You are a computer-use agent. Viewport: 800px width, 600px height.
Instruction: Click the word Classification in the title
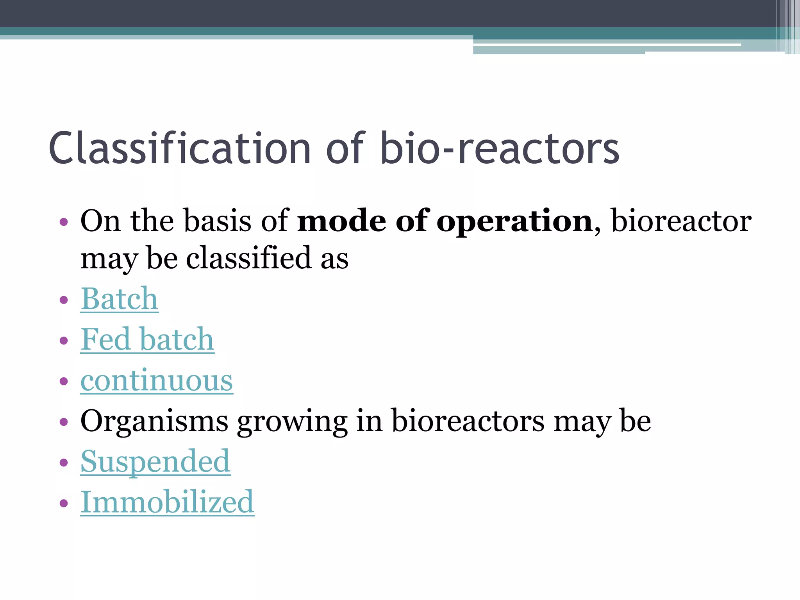pos(180,148)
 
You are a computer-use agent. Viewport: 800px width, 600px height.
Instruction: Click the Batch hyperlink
pos(119,299)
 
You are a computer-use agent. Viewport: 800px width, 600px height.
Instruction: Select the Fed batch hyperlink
pos(147,340)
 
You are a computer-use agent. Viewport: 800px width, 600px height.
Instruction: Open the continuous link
pos(157,380)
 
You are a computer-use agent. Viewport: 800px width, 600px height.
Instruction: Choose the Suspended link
pos(155,462)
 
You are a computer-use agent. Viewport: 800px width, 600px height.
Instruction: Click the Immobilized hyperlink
pos(167,502)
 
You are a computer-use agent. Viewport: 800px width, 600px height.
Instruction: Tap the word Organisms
pos(154,422)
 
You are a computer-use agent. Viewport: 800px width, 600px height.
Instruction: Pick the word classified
pos(248,259)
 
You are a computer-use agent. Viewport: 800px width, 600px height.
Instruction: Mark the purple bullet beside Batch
pos(64,300)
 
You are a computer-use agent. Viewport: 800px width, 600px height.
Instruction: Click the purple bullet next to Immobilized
pos(64,503)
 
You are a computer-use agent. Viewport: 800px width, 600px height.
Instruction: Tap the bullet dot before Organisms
pos(64,422)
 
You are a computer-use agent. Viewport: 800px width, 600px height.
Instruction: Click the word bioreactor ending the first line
pos(681,221)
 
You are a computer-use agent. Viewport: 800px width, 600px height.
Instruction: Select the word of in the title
pos(345,148)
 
